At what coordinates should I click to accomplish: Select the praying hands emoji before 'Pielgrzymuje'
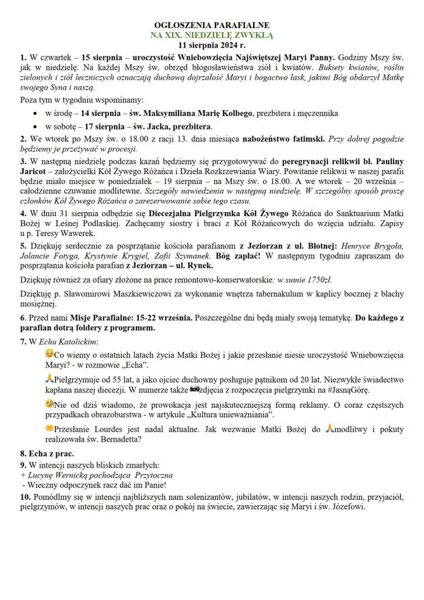[x=50, y=377]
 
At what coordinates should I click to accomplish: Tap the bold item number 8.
[x=23, y=454]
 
